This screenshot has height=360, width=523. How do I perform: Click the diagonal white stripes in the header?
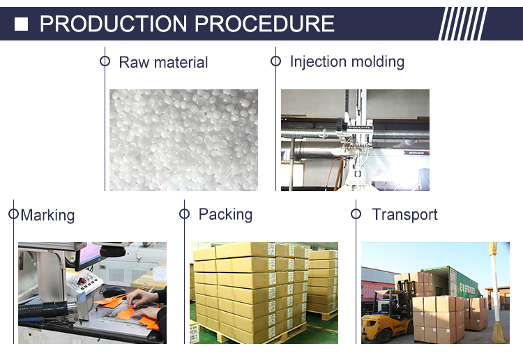pos(463,24)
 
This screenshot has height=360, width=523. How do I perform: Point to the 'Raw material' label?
pos(163,62)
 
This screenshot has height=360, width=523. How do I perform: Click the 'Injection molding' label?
pos(347,61)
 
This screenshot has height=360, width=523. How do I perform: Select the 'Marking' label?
pos(47,215)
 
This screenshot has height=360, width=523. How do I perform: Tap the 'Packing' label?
pos(225,213)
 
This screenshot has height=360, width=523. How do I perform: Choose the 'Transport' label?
pos(404,214)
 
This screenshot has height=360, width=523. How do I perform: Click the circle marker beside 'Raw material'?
pos(105,61)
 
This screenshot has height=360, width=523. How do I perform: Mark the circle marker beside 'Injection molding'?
pos(275,61)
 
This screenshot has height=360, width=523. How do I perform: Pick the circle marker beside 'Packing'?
pos(185,213)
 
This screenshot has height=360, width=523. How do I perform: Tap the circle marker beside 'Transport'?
pos(355,213)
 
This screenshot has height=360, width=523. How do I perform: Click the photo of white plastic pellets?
pos(183,140)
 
